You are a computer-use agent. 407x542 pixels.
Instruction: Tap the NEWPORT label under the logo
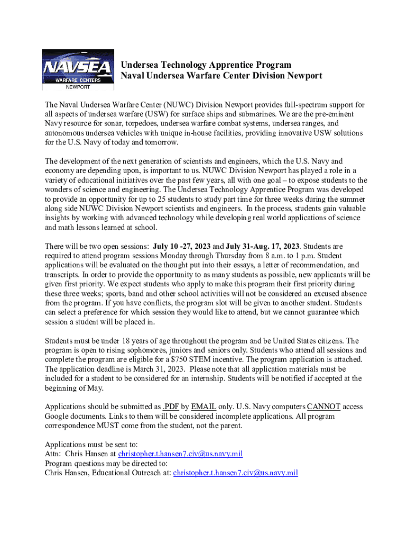(77, 86)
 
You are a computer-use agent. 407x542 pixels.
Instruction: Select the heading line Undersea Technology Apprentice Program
(206, 65)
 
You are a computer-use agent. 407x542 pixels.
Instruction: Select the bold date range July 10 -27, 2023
(181, 246)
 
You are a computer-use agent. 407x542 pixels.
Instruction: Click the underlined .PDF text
(170, 406)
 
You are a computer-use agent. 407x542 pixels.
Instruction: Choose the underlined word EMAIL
(203, 406)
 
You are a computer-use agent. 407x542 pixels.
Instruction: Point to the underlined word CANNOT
(323, 406)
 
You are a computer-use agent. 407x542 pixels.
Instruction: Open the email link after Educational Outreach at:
(235, 473)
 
